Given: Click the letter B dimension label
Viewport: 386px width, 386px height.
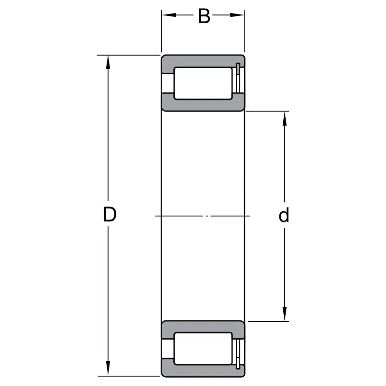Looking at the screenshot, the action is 204,16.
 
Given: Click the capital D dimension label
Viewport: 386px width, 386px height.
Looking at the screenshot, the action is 110,214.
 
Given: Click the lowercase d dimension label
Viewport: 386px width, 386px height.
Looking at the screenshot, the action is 284,215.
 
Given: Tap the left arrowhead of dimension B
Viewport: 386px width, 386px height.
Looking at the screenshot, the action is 169,15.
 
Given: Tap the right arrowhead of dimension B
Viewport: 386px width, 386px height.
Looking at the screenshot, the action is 237,15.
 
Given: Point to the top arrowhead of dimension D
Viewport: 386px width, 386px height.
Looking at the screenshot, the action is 108,62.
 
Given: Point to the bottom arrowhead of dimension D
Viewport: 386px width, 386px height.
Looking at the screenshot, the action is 108,369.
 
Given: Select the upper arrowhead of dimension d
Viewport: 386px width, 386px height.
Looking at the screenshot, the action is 285,119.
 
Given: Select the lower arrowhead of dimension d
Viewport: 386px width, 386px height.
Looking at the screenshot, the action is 285,314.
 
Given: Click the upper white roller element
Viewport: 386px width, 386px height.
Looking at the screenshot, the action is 203,83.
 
